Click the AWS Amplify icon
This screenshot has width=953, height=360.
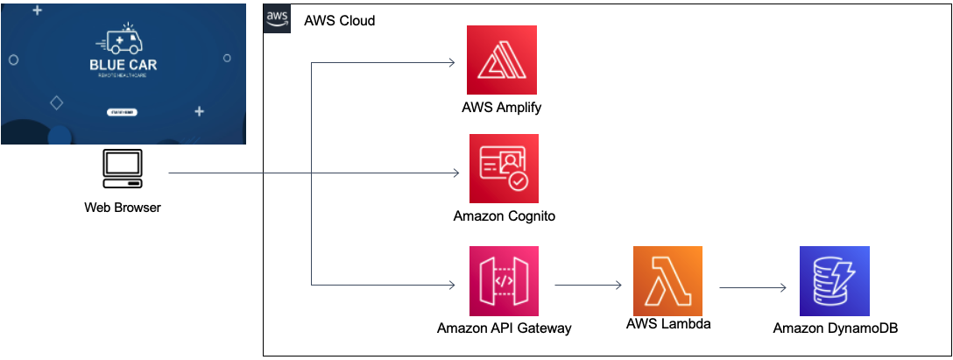pyautogui.click(x=502, y=60)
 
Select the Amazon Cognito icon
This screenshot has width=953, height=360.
pyautogui.click(x=504, y=169)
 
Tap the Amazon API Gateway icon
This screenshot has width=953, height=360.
pyautogui.click(x=504, y=281)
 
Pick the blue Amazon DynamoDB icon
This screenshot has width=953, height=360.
pyautogui.click(x=835, y=281)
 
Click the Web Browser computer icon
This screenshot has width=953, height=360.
pyautogui.click(x=123, y=170)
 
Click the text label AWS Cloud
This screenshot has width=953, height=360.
pyautogui.click(x=339, y=20)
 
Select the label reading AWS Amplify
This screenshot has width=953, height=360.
pyautogui.click(x=503, y=107)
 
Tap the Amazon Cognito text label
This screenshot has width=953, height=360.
pyautogui.click(x=504, y=215)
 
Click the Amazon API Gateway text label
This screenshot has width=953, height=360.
pyautogui.click(x=504, y=328)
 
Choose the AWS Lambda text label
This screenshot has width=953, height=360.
pyautogui.click(x=668, y=323)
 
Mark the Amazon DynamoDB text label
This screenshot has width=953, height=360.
pyautogui.click(x=835, y=328)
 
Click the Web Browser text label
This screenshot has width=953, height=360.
pyautogui.click(x=123, y=208)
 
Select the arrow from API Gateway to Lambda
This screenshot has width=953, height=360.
pyautogui.click(x=588, y=285)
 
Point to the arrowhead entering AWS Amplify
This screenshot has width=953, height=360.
pyautogui.click(x=451, y=62)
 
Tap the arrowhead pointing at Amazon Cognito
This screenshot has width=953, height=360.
pyautogui.click(x=455, y=173)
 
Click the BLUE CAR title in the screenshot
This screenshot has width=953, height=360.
pyautogui.click(x=123, y=66)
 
